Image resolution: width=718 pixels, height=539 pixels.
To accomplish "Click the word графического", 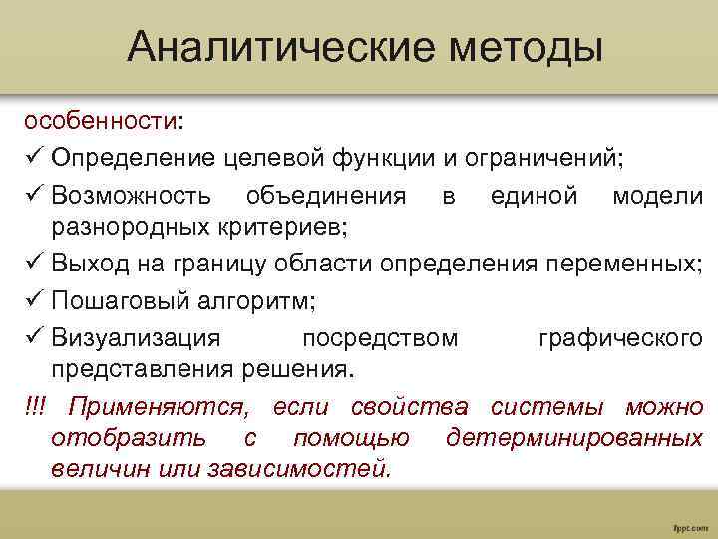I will tap(620, 338).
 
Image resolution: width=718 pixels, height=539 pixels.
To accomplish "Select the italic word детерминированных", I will tap(574, 438).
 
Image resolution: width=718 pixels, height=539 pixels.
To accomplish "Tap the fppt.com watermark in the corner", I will tap(690, 524).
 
